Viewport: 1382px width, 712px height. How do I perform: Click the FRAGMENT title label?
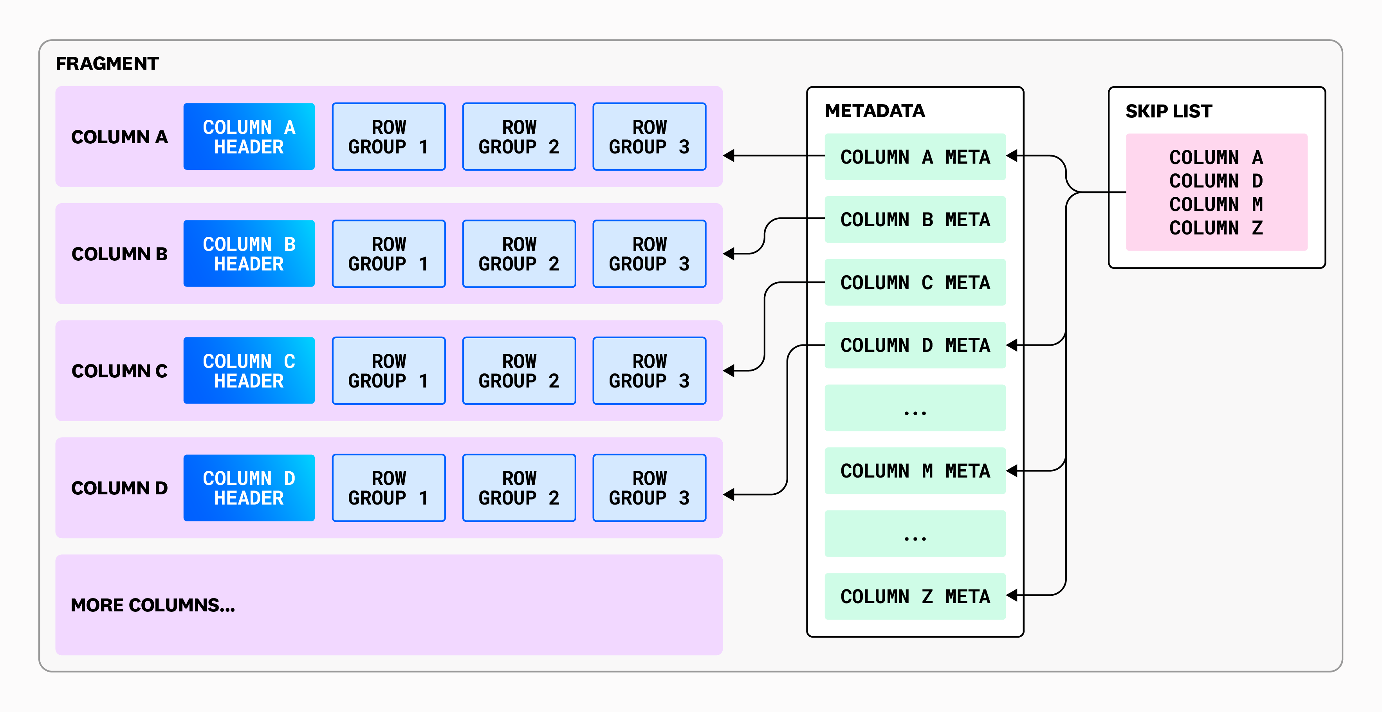107,63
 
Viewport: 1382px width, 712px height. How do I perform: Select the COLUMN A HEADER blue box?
249,137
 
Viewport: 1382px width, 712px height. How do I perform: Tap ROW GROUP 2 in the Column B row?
519,254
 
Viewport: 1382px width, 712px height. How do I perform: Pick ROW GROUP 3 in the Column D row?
649,488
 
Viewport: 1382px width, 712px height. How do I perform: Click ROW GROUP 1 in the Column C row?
388,371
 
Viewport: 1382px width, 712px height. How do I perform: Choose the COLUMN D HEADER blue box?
249,488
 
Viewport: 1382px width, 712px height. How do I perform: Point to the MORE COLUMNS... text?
153,605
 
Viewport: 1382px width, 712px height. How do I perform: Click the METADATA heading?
875,110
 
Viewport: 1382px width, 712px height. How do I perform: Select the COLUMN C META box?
915,283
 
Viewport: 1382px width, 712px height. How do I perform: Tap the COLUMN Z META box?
915,597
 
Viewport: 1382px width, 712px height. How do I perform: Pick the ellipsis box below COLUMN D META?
915,408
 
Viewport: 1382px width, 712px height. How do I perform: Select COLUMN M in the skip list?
1216,204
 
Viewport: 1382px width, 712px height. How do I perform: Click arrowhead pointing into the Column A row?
729,156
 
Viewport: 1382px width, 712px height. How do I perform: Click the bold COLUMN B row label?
119,254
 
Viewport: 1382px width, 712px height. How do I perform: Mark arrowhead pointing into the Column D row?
729,494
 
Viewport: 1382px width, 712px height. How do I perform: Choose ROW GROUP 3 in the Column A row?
649,137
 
